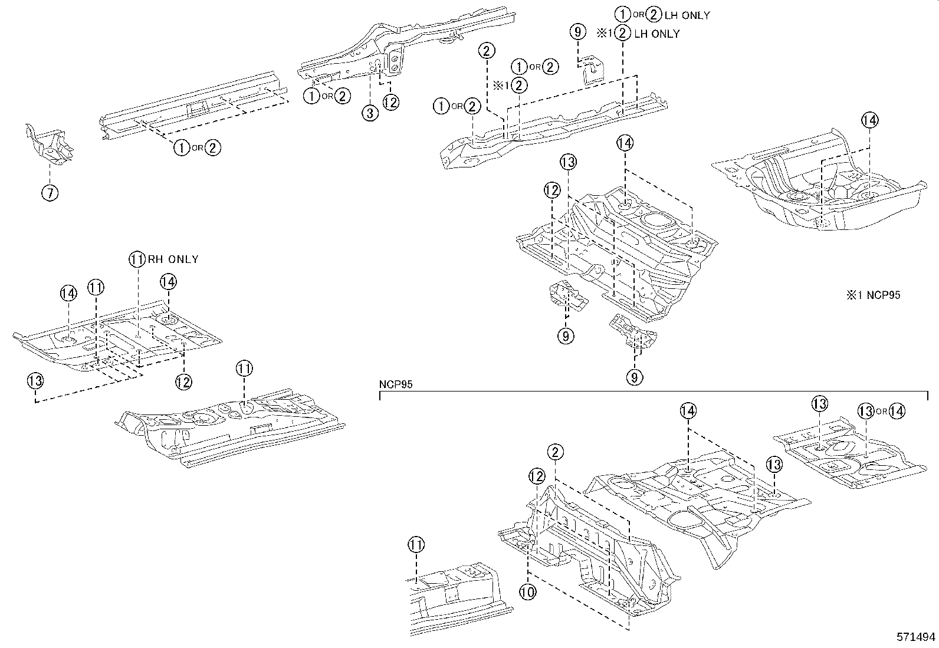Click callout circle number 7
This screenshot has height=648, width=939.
click(x=50, y=192)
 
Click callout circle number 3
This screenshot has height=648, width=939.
click(x=369, y=113)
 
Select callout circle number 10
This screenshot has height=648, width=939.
click(x=527, y=591)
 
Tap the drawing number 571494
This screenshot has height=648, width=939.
click(x=916, y=637)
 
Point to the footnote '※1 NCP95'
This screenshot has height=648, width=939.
click(x=874, y=295)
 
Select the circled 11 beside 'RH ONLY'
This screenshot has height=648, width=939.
click(x=137, y=259)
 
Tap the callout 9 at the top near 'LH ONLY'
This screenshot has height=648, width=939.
click(x=579, y=31)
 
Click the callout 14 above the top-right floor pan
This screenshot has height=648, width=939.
click(x=869, y=120)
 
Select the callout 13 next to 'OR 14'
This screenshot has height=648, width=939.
click(x=865, y=411)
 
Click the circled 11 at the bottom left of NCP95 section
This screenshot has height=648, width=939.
click(x=416, y=545)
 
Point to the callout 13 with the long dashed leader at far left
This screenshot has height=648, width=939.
click(x=35, y=381)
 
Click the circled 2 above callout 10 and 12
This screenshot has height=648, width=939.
click(x=554, y=452)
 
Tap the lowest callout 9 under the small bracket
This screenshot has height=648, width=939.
click(x=634, y=376)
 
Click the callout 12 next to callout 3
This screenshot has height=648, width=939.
click(x=390, y=102)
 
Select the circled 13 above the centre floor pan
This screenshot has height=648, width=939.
click(x=568, y=162)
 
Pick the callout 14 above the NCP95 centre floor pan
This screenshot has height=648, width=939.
click(x=688, y=411)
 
